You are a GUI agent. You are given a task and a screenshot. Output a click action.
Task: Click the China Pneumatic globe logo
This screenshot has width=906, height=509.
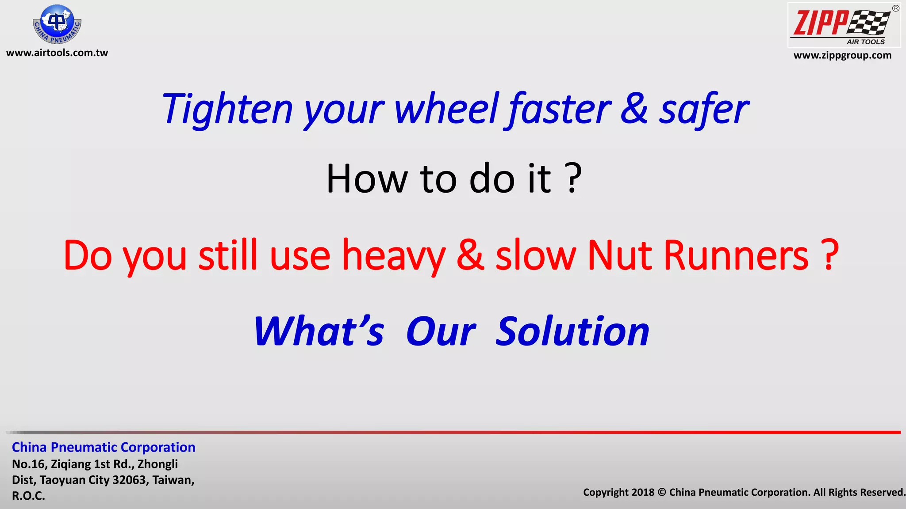pyautogui.click(x=57, y=24)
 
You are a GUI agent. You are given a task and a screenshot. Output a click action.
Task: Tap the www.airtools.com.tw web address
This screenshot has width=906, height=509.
pyautogui.click(x=57, y=53)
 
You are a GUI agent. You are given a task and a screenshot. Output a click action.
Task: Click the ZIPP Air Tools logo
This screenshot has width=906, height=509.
pyautogui.click(x=844, y=25)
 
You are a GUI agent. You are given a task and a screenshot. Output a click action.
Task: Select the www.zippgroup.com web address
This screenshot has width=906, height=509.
pyautogui.click(x=842, y=56)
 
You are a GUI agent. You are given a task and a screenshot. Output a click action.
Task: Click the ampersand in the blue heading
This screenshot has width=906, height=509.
pyautogui.click(x=634, y=109)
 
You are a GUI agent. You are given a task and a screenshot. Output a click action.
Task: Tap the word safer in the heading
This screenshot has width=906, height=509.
pyautogui.click(x=704, y=109)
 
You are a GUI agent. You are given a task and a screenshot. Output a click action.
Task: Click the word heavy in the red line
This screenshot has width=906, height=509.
pyautogui.click(x=394, y=256)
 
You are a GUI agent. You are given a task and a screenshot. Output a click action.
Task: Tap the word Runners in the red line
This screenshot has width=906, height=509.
pyautogui.click(x=736, y=256)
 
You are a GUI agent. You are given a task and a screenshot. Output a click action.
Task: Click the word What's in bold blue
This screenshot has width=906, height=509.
pyautogui.click(x=319, y=332)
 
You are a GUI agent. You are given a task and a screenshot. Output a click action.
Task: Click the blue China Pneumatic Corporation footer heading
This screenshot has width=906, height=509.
pyautogui.click(x=104, y=448)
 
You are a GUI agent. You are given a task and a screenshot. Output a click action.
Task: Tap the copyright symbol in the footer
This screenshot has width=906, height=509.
pyautogui.click(x=661, y=493)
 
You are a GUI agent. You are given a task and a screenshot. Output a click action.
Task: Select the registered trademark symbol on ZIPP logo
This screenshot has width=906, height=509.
pyautogui.click(x=895, y=8)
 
